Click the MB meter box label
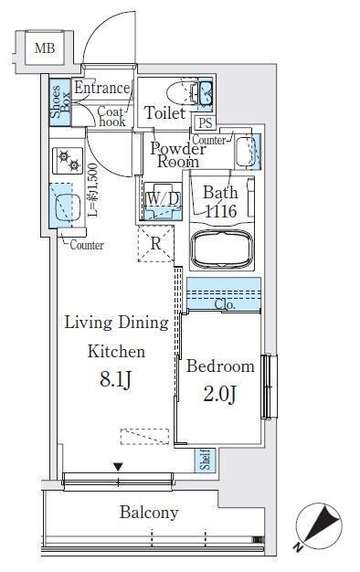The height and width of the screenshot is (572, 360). pyautogui.click(x=45, y=48)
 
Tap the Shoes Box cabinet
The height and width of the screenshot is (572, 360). pyautogui.click(x=59, y=102)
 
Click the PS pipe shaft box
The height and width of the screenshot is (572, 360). pyautogui.click(x=206, y=122)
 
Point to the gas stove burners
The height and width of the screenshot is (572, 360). pyautogui.click(x=69, y=161)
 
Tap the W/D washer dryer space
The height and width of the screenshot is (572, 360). pyautogui.click(x=163, y=201)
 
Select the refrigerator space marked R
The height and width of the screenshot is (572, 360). pyautogui.click(x=156, y=244)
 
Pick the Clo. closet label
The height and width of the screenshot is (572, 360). pyautogui.click(x=225, y=304)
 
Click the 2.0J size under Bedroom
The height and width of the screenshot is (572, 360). pyautogui.click(x=220, y=394)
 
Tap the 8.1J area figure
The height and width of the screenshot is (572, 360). pyautogui.click(x=115, y=379)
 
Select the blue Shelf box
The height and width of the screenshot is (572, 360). pyautogui.click(x=205, y=460)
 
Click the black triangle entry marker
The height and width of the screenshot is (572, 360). pyautogui.click(x=118, y=467)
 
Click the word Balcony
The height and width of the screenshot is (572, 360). pyautogui.click(x=149, y=513)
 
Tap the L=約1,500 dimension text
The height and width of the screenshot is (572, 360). pyautogui.click(x=92, y=190)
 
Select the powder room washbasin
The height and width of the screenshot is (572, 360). pyautogui.click(x=248, y=152)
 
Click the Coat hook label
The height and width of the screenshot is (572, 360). pyautogui.click(x=111, y=116)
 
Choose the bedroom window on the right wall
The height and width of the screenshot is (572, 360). pyautogui.click(x=270, y=386)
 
